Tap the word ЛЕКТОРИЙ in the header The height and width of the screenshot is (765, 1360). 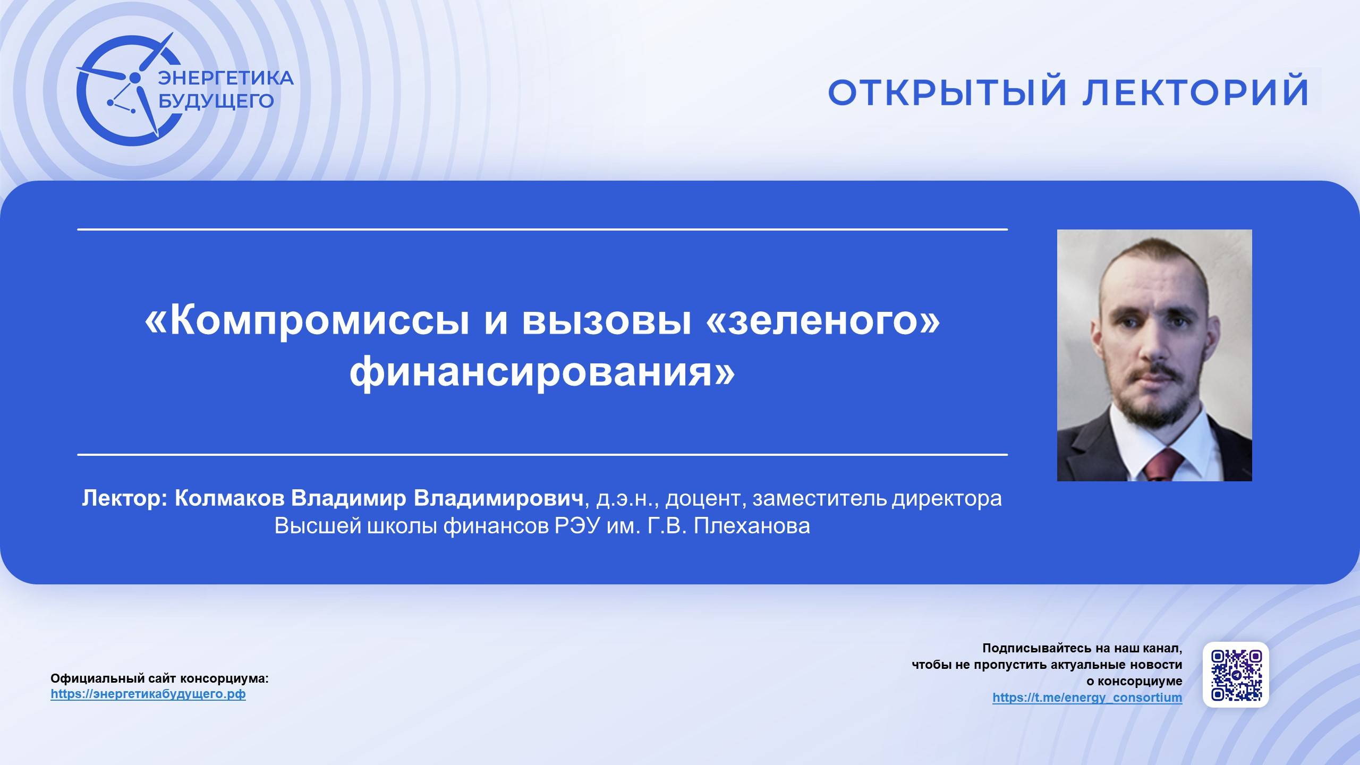[1195, 92]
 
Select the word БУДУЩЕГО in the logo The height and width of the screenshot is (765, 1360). [217, 101]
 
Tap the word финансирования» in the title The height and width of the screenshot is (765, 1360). [542, 372]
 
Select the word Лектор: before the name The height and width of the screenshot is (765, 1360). [124, 498]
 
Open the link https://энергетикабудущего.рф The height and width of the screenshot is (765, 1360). [148, 694]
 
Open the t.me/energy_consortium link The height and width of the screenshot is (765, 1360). [1087, 698]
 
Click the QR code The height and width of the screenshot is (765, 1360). [1236, 675]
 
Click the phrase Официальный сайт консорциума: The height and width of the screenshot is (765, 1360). [159, 678]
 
